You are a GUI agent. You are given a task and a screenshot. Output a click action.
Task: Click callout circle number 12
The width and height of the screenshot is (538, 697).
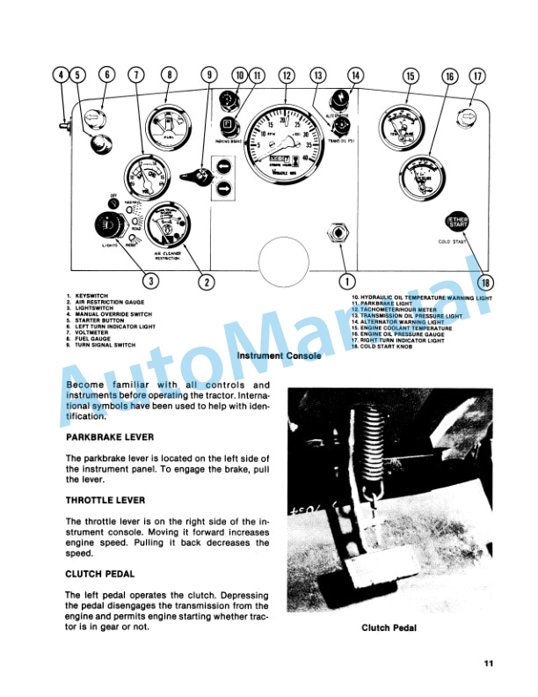[x=286, y=76]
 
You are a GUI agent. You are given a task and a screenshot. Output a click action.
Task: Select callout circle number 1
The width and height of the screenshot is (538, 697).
[x=347, y=282]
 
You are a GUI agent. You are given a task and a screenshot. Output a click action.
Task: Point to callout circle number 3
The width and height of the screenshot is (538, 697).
[x=152, y=282]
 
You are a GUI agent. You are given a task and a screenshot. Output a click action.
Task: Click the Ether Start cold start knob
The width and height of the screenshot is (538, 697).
[x=457, y=222]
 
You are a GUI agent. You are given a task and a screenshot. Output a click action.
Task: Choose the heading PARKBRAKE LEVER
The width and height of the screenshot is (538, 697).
[x=110, y=437]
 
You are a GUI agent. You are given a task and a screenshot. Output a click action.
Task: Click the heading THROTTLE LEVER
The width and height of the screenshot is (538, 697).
[x=106, y=501]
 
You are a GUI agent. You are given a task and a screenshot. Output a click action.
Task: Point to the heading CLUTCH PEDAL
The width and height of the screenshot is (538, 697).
[x=100, y=574]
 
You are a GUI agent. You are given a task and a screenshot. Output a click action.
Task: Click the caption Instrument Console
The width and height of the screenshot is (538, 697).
[x=279, y=356]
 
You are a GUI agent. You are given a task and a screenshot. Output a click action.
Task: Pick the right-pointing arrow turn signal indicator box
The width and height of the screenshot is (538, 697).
[x=225, y=187]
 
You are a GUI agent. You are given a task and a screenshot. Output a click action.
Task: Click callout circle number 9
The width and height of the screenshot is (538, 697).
[x=209, y=76]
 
